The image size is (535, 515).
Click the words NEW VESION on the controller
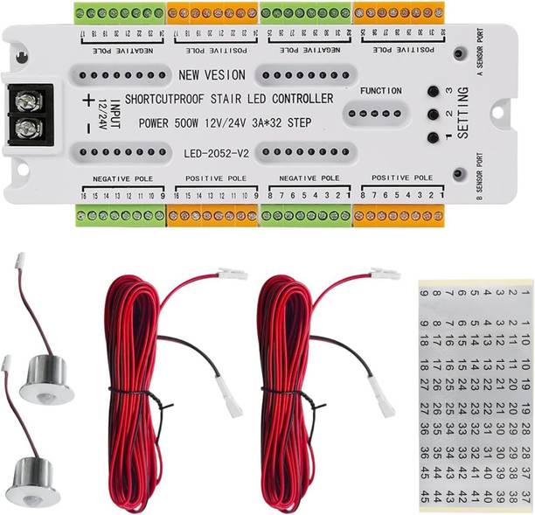point(212,75)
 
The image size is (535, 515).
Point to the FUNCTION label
point(380,91)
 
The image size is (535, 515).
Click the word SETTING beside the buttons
point(462,114)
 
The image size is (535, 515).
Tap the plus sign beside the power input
point(87,101)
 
